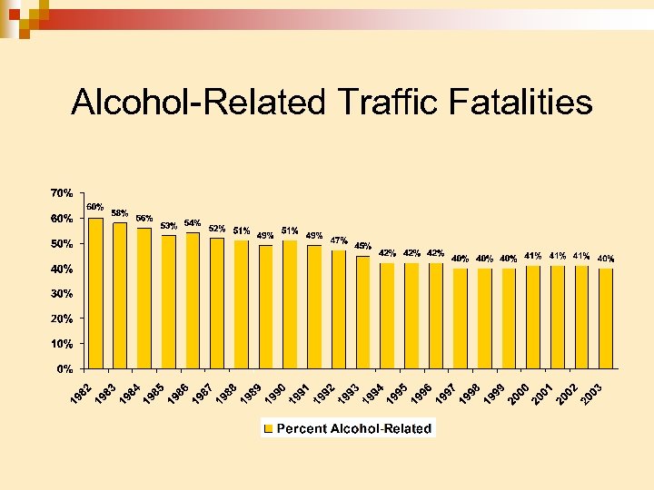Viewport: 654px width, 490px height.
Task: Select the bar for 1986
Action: pos(193,300)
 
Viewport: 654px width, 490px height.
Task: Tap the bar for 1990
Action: pos(290,304)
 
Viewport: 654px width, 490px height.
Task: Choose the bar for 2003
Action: pos(606,318)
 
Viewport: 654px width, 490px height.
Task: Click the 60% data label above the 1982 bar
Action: pos(95,206)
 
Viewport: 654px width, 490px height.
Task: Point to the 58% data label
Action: pos(120,212)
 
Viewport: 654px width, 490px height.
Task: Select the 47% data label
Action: pos(339,240)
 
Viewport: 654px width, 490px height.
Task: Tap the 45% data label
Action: pos(362,245)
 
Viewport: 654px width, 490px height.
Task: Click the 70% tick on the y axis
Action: pos(63,193)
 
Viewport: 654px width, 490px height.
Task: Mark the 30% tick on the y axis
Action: pos(63,294)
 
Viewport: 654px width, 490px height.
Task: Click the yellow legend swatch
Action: pos(269,428)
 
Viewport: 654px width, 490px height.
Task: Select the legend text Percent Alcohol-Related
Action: pos(354,428)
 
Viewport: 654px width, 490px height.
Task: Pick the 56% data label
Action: pos(144,218)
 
